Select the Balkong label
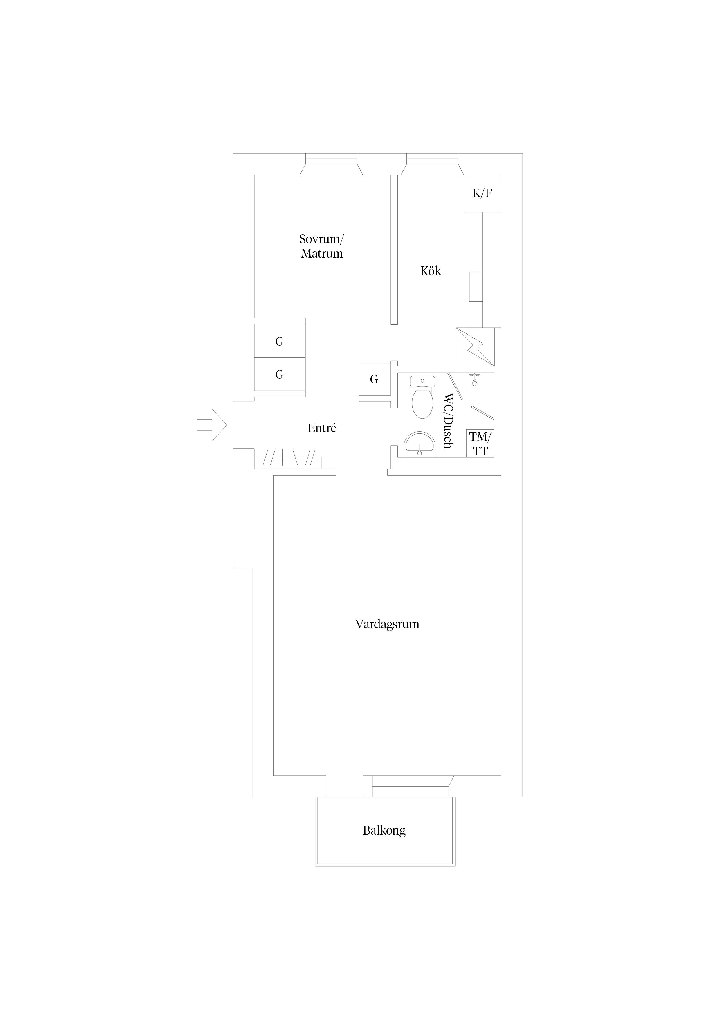[x=384, y=831]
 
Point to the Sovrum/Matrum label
[x=322, y=246]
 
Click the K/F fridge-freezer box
[x=482, y=193]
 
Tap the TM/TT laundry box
[x=480, y=443]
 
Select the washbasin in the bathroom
[x=419, y=444]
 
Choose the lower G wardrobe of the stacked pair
[x=280, y=374]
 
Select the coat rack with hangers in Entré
[x=288, y=458]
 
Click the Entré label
[x=322, y=428]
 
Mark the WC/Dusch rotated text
[x=449, y=420]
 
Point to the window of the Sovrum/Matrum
[x=331, y=164]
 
